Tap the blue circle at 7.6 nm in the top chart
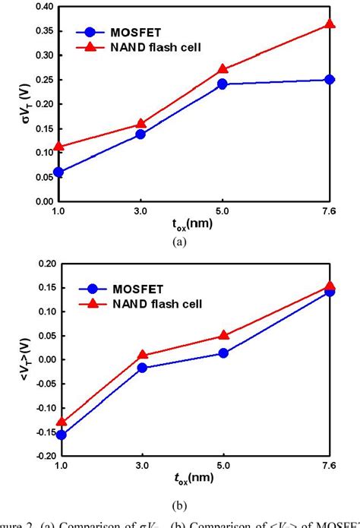pos(330,80)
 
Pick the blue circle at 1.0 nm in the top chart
pos(58,172)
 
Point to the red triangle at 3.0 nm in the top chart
pos(140,123)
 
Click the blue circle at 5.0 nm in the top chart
pos(222,84)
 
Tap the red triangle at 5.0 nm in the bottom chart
pos(223,335)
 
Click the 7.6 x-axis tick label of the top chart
pos(330,212)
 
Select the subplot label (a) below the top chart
pos(179,241)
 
